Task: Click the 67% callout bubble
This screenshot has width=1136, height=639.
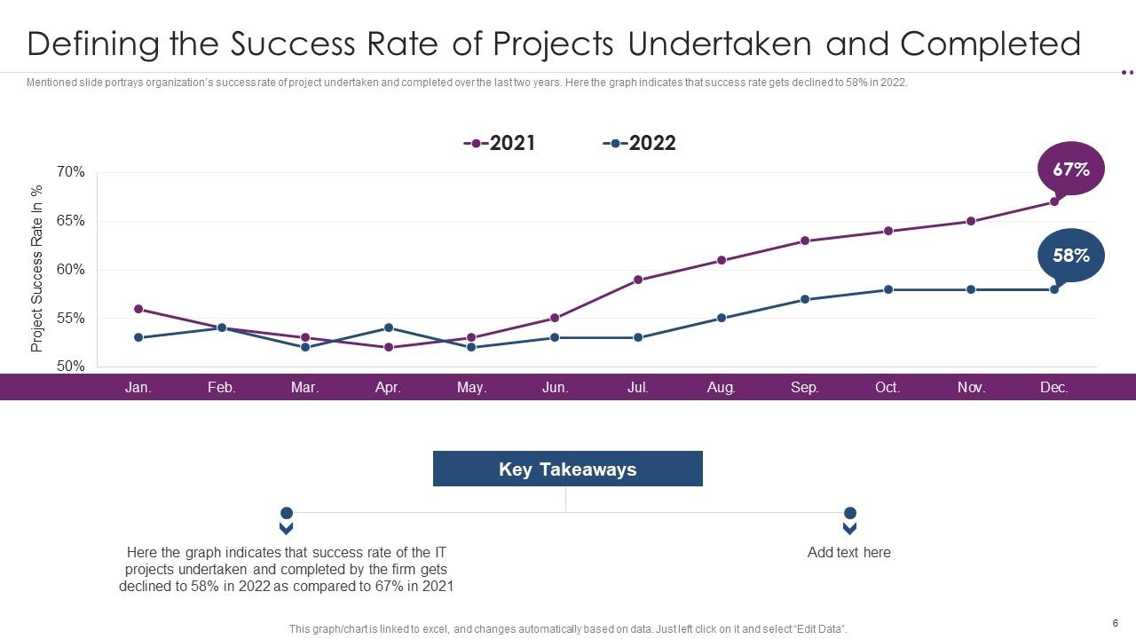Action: (x=1071, y=168)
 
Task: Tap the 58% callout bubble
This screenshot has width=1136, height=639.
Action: (x=1071, y=256)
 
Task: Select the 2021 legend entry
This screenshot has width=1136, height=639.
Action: (x=501, y=143)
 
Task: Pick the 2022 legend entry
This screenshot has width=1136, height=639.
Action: (x=640, y=143)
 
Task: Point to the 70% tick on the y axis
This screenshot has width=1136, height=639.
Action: (x=71, y=172)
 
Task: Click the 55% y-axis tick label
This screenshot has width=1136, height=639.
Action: (x=71, y=318)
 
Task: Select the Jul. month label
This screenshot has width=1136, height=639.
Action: (x=638, y=387)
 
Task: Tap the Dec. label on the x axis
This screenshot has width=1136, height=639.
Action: (x=1054, y=387)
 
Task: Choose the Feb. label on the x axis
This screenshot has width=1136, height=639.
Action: (x=222, y=387)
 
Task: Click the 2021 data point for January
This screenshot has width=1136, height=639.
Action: (x=138, y=309)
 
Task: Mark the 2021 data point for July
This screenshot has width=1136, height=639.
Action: (x=638, y=280)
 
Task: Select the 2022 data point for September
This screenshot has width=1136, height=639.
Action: (x=805, y=299)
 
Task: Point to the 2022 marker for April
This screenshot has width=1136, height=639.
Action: (x=388, y=328)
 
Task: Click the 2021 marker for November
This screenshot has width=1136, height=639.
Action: (x=971, y=221)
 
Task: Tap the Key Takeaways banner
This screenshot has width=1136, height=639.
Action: (x=567, y=469)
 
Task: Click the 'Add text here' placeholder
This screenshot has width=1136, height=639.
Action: (x=849, y=552)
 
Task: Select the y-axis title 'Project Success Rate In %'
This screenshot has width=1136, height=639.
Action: (x=37, y=269)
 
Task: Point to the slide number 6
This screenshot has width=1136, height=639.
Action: (x=1115, y=622)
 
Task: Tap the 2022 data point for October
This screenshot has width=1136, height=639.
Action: (x=887, y=289)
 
